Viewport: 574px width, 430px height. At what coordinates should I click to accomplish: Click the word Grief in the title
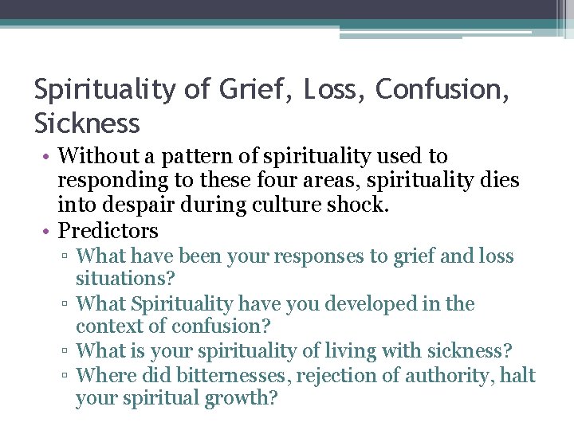(245, 90)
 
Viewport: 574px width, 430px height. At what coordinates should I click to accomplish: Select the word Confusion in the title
(441, 90)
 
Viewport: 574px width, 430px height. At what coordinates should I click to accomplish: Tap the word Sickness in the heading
(87, 123)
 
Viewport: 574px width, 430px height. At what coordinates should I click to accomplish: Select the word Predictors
(108, 231)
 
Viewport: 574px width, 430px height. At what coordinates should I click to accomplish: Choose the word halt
(518, 375)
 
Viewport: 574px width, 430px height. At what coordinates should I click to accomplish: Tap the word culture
(300, 205)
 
